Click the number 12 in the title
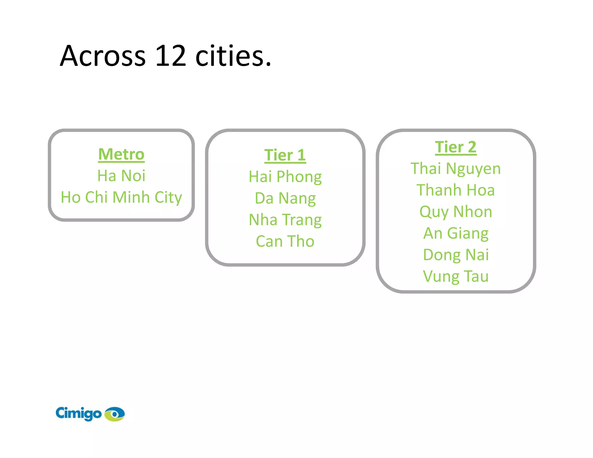170,56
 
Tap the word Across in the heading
103,56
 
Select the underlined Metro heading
121,154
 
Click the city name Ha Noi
121,176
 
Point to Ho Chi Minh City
121,197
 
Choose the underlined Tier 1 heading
285,155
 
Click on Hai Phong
285,177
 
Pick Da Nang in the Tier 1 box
285,198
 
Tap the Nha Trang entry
285,220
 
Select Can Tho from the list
285,241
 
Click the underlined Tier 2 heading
455,147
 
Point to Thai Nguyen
455,168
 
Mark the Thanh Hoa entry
455,190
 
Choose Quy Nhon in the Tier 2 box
455,212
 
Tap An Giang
455,233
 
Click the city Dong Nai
455,255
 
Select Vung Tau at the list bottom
455,276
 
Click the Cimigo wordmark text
78,413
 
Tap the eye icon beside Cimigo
115,414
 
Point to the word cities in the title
233,56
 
